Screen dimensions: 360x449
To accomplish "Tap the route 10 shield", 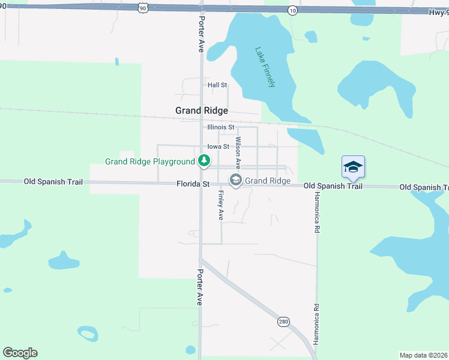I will click(292, 11).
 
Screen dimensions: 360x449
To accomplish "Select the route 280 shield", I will click(283, 322).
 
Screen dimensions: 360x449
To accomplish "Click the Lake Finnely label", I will click(265, 67).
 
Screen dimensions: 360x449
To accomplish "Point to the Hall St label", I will click(217, 85).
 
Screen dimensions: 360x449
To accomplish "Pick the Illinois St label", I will click(220, 127).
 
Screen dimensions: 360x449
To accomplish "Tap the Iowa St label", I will click(218, 146).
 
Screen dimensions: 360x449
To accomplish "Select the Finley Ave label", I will click(221, 205).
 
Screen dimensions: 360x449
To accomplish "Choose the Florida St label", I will click(193, 184).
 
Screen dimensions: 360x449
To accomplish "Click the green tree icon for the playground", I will click(205, 161).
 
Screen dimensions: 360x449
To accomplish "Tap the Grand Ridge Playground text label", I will click(149, 161).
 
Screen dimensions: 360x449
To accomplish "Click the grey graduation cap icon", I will click(236, 179).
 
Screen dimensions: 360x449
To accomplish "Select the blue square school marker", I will click(353, 167).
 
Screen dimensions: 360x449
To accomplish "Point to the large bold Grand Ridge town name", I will click(201, 110).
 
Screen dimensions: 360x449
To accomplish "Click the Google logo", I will click(20, 353).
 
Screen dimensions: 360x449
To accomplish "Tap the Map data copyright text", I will click(424, 355).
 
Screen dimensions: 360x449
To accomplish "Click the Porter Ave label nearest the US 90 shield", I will click(201, 34).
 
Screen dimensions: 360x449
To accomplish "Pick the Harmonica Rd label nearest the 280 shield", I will click(316, 323).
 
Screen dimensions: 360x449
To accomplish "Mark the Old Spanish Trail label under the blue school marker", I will click(333, 186).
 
